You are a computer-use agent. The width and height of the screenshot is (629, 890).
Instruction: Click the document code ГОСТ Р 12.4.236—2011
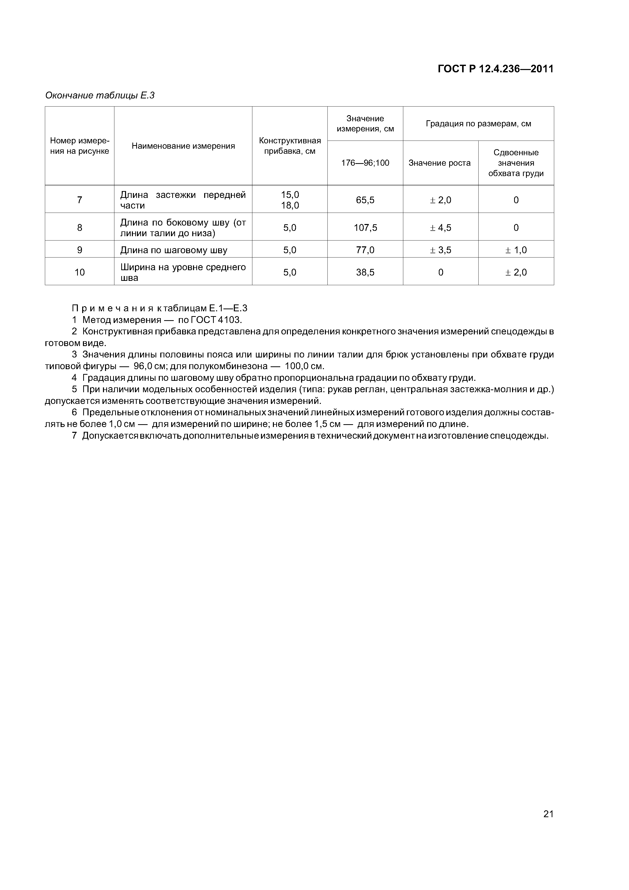(x=495, y=69)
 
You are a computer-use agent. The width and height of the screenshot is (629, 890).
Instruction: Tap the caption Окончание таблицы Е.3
(x=100, y=95)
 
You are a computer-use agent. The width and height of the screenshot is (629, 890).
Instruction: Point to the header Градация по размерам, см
(x=478, y=124)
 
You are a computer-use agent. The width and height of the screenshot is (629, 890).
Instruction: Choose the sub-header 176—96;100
(x=365, y=163)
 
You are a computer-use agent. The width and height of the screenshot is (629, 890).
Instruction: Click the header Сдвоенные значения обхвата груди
(x=516, y=163)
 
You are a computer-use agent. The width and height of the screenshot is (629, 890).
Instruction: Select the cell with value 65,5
(x=365, y=200)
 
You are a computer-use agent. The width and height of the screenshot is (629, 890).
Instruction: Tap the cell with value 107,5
(x=365, y=228)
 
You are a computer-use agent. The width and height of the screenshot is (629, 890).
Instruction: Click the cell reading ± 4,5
(x=440, y=228)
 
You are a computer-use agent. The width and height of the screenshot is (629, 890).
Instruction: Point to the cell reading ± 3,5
(x=440, y=250)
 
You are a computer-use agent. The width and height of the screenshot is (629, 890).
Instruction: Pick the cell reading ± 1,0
(x=516, y=250)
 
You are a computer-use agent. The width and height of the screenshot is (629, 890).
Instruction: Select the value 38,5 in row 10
(x=365, y=272)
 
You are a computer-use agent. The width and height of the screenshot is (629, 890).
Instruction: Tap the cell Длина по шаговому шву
(x=174, y=250)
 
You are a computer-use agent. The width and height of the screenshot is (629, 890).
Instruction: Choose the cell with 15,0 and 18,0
(x=290, y=200)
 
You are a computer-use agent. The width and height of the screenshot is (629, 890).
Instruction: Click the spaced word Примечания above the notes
(x=113, y=309)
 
